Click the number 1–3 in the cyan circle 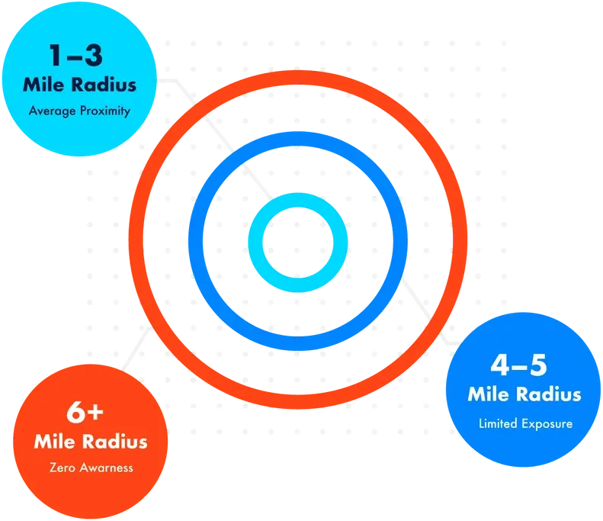76,56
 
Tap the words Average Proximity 79,111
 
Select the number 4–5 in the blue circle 519,365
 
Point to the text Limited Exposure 526,423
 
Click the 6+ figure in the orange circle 85,413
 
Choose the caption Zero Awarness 91,468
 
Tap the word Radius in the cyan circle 104,85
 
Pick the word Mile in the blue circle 489,394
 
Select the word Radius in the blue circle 548,394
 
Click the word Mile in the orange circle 55,442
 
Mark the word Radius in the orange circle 115,442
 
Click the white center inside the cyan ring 298,243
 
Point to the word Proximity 105,111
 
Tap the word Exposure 547,424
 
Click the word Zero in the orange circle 63,468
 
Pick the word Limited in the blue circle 498,423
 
